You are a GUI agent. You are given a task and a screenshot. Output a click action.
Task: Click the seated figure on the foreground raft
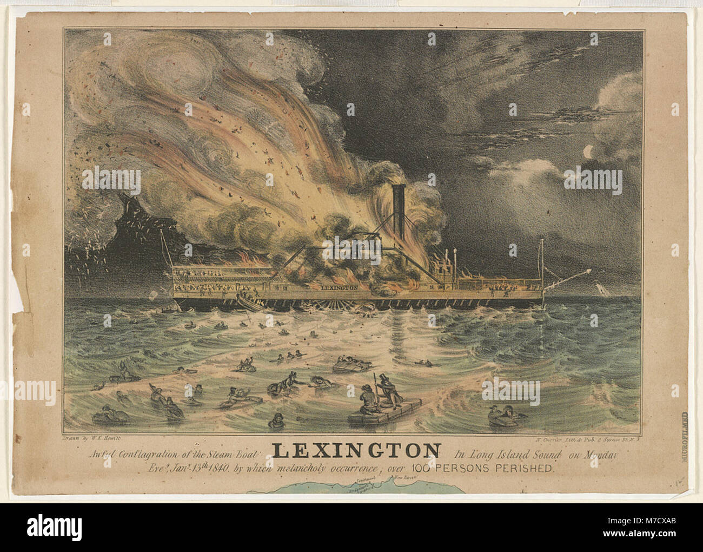point(368,400)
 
